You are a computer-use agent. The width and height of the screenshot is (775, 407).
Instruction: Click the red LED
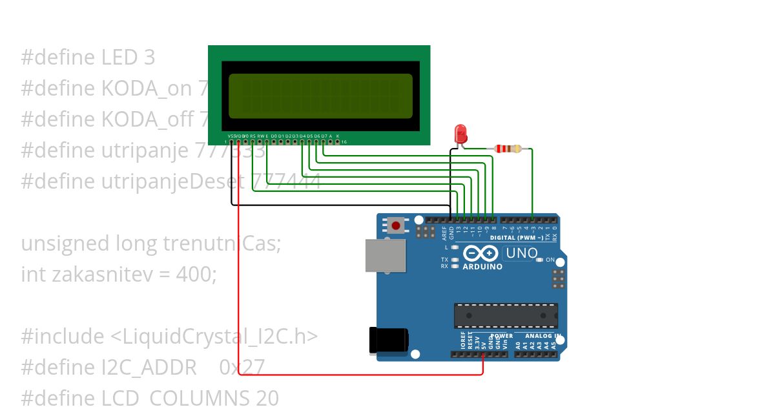tap(461, 134)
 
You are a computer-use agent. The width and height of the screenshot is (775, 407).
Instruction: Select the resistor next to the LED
tap(508, 149)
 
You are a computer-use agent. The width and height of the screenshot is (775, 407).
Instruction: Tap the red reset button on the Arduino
tap(395, 225)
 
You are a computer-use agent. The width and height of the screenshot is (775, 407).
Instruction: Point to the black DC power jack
tap(388, 340)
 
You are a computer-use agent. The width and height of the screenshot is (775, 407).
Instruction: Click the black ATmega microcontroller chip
tap(506, 315)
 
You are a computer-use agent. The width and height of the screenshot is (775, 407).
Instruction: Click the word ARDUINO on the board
tap(482, 266)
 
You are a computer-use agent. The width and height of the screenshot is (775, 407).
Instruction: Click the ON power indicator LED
tap(540, 260)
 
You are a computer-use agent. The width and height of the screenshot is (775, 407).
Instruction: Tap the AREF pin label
tap(444, 231)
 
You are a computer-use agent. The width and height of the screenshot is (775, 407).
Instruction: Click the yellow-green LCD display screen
tap(320, 96)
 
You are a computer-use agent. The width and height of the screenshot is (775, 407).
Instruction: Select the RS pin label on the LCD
tap(253, 136)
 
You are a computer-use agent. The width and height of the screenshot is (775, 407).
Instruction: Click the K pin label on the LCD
tap(337, 136)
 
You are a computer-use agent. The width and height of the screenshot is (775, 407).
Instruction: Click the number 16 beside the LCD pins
tap(344, 141)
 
